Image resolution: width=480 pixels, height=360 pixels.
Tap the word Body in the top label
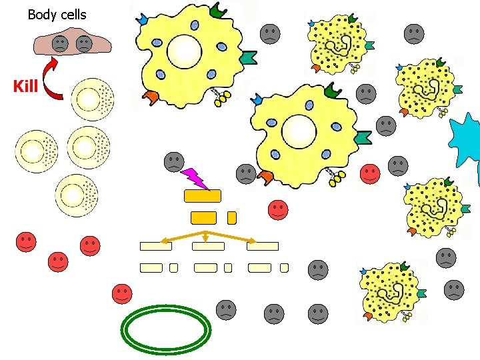click(x=41, y=14)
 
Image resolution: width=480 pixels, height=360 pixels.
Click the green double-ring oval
click(x=165, y=328)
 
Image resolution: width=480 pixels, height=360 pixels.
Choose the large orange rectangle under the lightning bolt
click(x=202, y=195)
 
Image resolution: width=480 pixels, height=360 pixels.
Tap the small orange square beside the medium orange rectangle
click(x=231, y=217)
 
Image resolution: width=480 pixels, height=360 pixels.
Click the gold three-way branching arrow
click(x=205, y=236)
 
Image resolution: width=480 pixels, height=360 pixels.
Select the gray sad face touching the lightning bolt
click(x=174, y=161)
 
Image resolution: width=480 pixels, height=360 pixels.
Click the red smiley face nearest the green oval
click(x=122, y=293)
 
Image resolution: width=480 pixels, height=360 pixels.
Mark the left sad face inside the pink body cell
click(x=60, y=45)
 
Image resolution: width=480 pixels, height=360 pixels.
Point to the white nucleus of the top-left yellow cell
click(x=184, y=51)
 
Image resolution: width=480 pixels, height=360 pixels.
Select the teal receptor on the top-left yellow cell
click(x=249, y=58)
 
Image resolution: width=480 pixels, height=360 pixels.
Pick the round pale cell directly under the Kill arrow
click(x=92, y=99)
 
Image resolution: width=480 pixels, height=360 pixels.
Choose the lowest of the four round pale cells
click(x=77, y=196)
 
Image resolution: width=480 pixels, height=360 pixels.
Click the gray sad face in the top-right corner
click(x=414, y=33)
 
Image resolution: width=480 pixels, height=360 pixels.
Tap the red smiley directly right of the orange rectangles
click(x=279, y=210)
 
